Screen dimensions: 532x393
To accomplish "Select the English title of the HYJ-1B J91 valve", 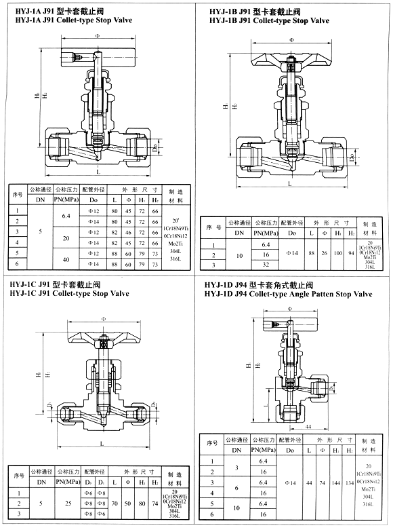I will pyautogui.click(x=269, y=21).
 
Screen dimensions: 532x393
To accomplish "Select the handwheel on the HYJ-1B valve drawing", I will pyautogui.click(x=289, y=55).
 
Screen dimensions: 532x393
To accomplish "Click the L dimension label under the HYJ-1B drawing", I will pyautogui.click(x=289, y=184).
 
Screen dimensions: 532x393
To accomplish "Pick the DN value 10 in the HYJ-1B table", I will pyautogui.click(x=239, y=254).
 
